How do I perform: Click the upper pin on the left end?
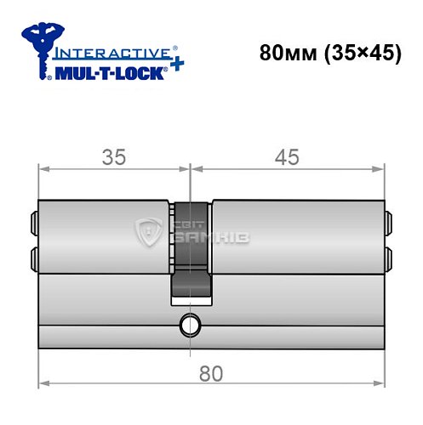(x=34, y=223)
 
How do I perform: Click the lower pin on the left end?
(x=34, y=255)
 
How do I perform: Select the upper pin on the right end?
(x=389, y=223)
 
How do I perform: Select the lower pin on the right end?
(x=389, y=255)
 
